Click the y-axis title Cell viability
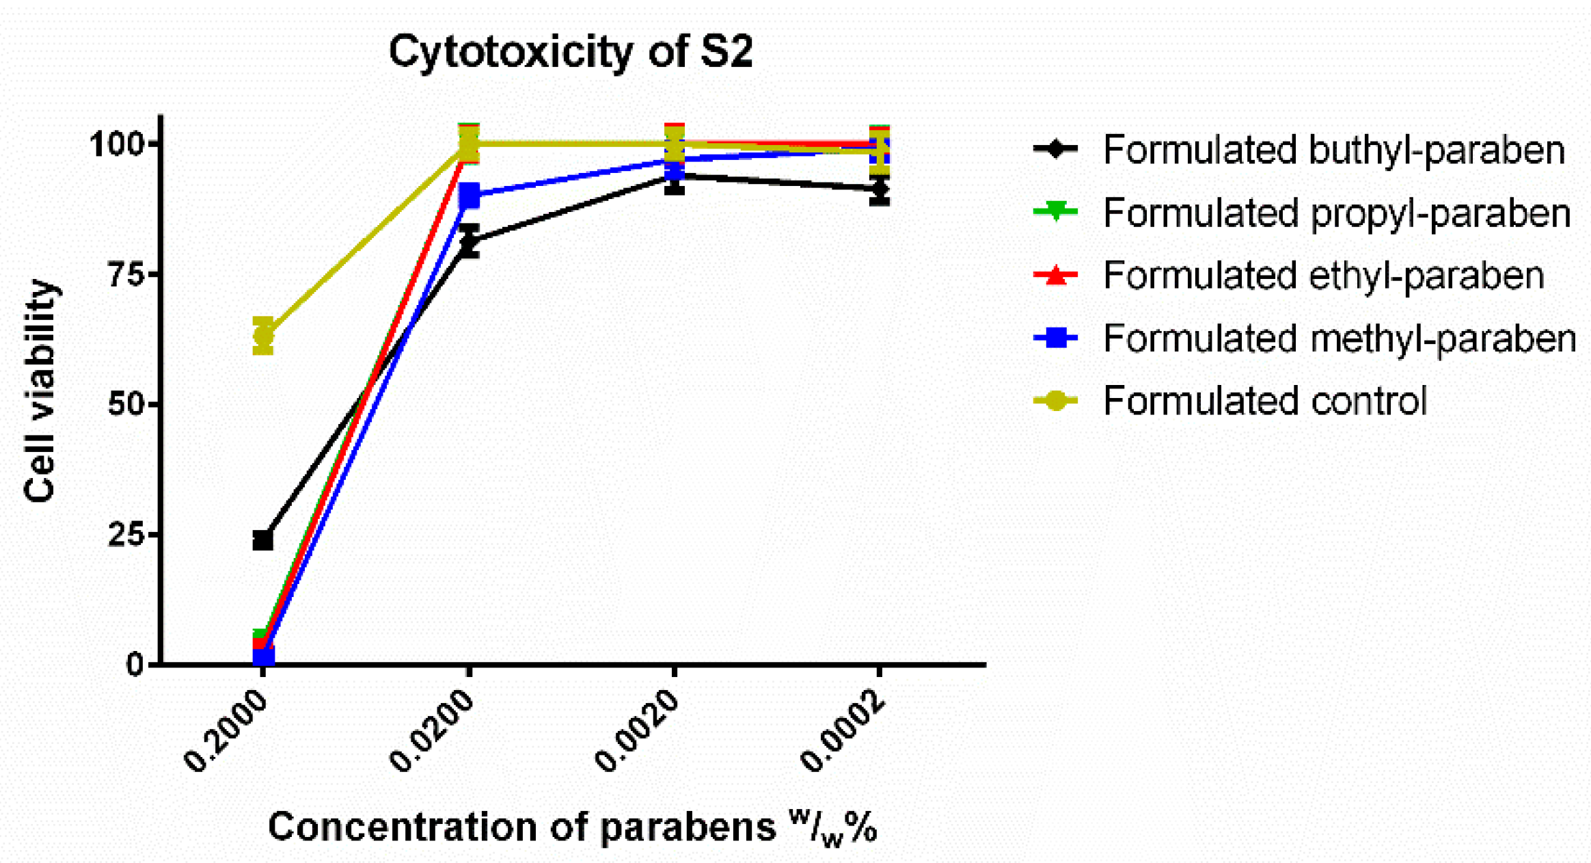click(39, 390)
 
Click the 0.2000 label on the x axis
click(226, 732)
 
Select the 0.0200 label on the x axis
click(432, 732)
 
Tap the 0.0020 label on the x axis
click(637, 732)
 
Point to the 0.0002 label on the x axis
click(843, 732)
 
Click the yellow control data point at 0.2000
click(263, 336)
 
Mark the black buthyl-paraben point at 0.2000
click(263, 540)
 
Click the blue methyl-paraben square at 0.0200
click(469, 196)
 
